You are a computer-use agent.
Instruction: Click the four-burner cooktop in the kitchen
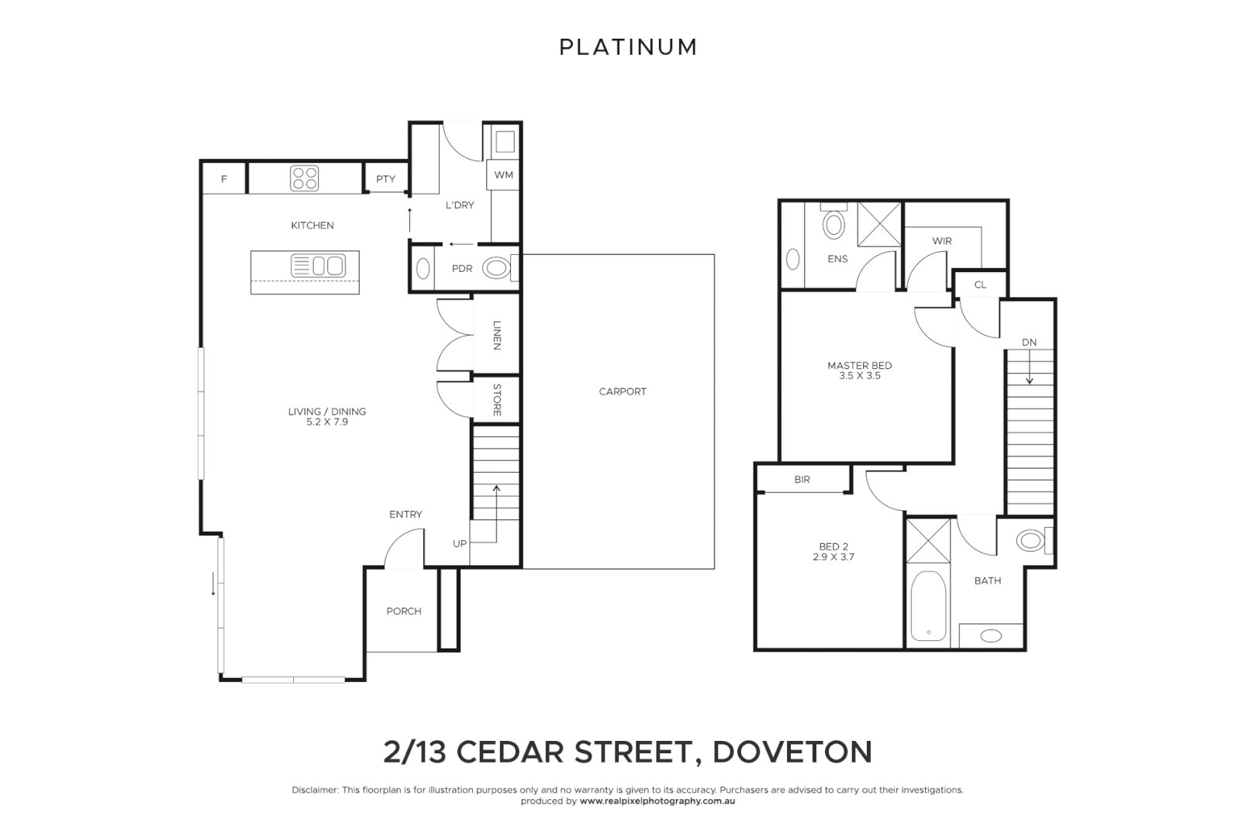[x=305, y=178]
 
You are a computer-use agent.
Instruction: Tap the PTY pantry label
[x=385, y=179]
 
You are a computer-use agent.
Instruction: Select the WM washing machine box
[x=503, y=175]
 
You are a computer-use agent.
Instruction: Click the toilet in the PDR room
[x=497, y=269]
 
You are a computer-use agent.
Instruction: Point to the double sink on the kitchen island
[x=318, y=266]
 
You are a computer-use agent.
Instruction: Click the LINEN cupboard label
[x=497, y=335]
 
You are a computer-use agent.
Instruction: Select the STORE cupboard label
[x=497, y=400]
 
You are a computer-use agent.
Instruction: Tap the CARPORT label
[x=623, y=391]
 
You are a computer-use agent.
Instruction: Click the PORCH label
[x=404, y=611]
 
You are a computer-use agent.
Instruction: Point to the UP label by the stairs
[x=460, y=544]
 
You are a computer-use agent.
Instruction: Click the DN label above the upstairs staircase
[x=1029, y=343]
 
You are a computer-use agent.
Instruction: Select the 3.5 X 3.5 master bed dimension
[x=859, y=376]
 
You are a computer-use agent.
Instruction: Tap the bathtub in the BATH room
[x=927, y=606]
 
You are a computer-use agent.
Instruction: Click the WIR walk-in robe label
[x=942, y=241]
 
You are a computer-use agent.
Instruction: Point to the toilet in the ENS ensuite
[x=833, y=224]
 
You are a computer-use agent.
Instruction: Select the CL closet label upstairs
[x=980, y=284]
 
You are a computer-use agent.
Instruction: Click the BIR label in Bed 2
[x=802, y=480]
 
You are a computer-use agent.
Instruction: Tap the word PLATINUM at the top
[x=628, y=47]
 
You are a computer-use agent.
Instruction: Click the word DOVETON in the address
[x=792, y=752]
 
